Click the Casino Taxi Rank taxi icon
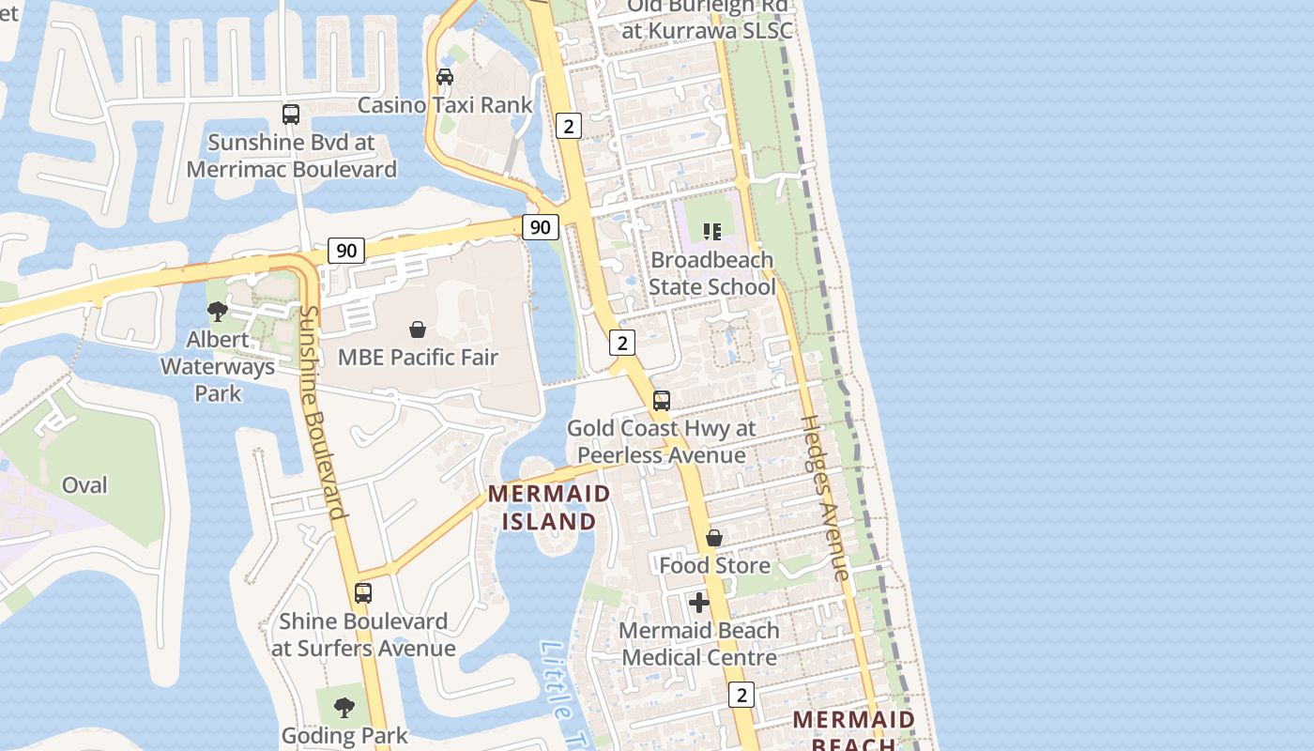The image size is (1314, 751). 445,76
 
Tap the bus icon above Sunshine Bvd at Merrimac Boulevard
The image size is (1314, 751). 291,115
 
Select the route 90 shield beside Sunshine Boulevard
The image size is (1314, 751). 346,251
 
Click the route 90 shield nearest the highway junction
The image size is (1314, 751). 540,227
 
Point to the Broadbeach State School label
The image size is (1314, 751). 711,273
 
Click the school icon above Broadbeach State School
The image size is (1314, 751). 712,231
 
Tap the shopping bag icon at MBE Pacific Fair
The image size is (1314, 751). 418,330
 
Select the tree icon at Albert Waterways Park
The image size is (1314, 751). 218,311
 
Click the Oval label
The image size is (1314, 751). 84,485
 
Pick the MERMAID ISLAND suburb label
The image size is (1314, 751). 549,507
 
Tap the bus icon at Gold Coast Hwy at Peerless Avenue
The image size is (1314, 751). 662,401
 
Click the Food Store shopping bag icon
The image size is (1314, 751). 714,538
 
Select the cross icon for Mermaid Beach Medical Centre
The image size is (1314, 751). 699,603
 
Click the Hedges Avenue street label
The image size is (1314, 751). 825,498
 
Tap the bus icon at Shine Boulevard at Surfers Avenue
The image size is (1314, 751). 363,593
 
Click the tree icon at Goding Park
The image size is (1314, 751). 344,707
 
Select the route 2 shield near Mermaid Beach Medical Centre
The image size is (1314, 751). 741,695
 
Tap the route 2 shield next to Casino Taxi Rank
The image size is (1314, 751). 568,125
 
